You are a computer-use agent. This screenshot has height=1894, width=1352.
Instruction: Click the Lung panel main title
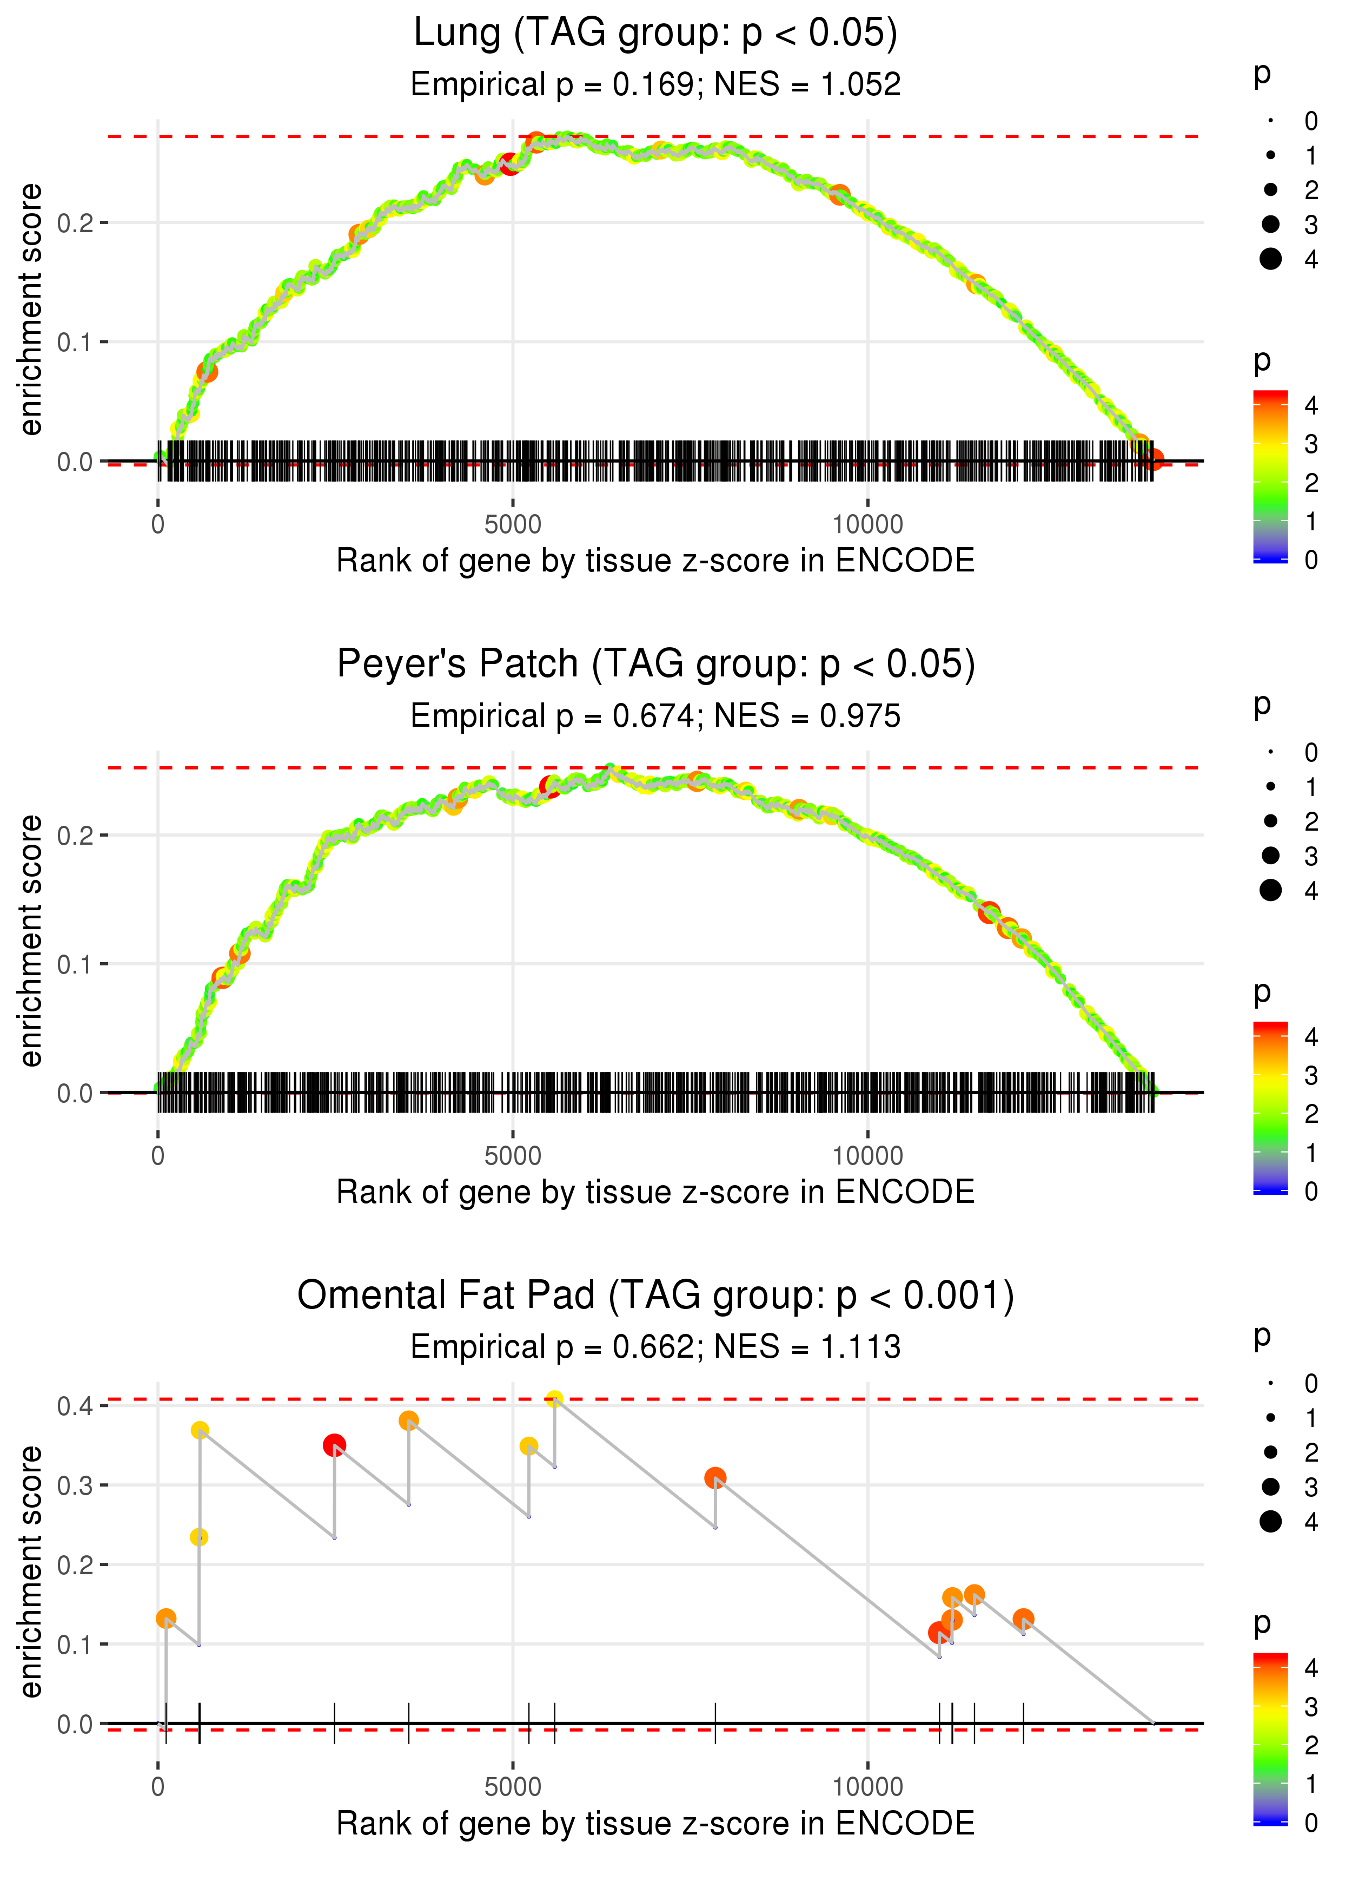point(655,34)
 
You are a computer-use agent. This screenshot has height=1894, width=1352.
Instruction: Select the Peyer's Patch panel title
point(655,665)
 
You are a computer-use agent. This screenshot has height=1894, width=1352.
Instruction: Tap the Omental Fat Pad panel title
point(655,1296)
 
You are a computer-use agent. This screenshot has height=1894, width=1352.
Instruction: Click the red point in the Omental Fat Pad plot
point(334,1445)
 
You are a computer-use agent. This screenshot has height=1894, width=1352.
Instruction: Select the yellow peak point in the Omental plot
point(554,1399)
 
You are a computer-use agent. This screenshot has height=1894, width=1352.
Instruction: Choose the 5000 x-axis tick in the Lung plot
point(513,525)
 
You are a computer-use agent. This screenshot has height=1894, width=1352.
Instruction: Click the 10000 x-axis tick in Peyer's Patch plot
point(867,1156)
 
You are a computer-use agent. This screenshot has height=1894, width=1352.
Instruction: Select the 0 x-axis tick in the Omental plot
point(158,1787)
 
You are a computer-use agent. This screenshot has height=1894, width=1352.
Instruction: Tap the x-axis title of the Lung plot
point(655,561)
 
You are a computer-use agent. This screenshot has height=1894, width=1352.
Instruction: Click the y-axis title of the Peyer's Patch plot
point(31,941)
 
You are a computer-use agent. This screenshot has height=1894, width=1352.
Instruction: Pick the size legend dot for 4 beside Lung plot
point(1270,259)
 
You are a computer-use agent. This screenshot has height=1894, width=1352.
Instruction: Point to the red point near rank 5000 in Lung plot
point(509,163)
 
